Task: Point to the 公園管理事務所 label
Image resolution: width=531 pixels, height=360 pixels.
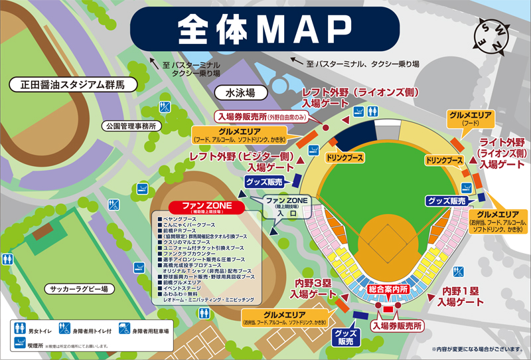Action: (130, 125)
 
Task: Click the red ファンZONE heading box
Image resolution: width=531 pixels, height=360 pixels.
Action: (208, 206)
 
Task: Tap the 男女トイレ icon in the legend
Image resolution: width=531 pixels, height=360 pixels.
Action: (19, 328)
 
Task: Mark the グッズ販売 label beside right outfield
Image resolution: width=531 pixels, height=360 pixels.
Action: (448, 200)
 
